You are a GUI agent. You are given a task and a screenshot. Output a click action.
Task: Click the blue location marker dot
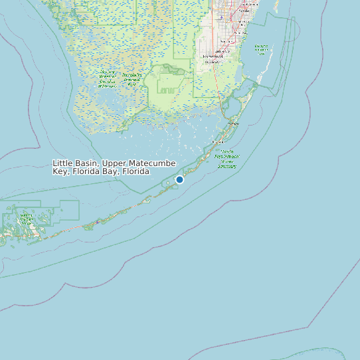pyautogui.click(x=179, y=179)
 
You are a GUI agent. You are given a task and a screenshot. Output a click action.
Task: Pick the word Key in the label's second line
pyautogui.click(x=60, y=172)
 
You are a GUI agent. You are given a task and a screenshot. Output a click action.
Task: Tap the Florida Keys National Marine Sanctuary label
pyautogui.click(x=227, y=159)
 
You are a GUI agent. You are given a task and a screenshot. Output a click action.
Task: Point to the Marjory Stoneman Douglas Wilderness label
pyautogui.click(x=106, y=79)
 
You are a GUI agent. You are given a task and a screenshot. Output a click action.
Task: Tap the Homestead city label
pyautogui.click(x=214, y=57)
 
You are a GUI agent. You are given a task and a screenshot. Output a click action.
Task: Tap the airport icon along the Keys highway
pyautogui.click(x=98, y=222)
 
